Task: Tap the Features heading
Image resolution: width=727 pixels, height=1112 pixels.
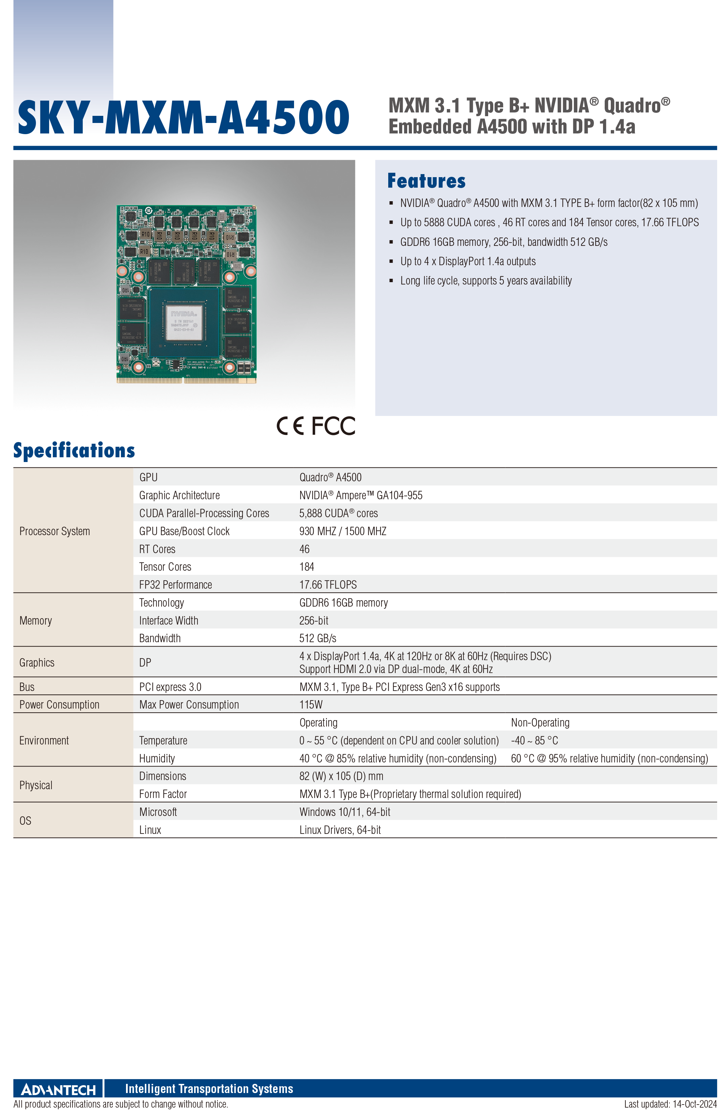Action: point(426,181)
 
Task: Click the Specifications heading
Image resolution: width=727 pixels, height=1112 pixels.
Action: point(74,450)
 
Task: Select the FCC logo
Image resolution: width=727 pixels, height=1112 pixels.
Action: point(333,426)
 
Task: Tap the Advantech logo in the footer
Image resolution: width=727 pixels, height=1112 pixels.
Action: point(58,1090)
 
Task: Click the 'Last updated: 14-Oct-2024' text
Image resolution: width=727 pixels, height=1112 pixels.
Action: point(670,1104)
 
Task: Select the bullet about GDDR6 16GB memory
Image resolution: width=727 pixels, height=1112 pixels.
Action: point(504,242)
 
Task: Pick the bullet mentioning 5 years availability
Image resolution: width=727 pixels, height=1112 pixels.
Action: point(486,281)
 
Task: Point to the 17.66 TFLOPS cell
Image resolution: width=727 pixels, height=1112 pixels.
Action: point(328,585)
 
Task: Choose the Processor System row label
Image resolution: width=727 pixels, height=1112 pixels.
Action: point(55,531)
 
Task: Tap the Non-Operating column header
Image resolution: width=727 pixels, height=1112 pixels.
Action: point(540,722)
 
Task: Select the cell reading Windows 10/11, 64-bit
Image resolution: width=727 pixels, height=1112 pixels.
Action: point(345,812)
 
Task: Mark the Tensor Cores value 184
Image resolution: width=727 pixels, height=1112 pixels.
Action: point(307,567)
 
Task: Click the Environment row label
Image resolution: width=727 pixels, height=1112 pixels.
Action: point(44,740)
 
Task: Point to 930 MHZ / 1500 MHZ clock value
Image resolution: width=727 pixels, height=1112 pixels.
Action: point(343,531)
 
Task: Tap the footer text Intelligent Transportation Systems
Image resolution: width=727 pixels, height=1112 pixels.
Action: point(209,1089)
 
